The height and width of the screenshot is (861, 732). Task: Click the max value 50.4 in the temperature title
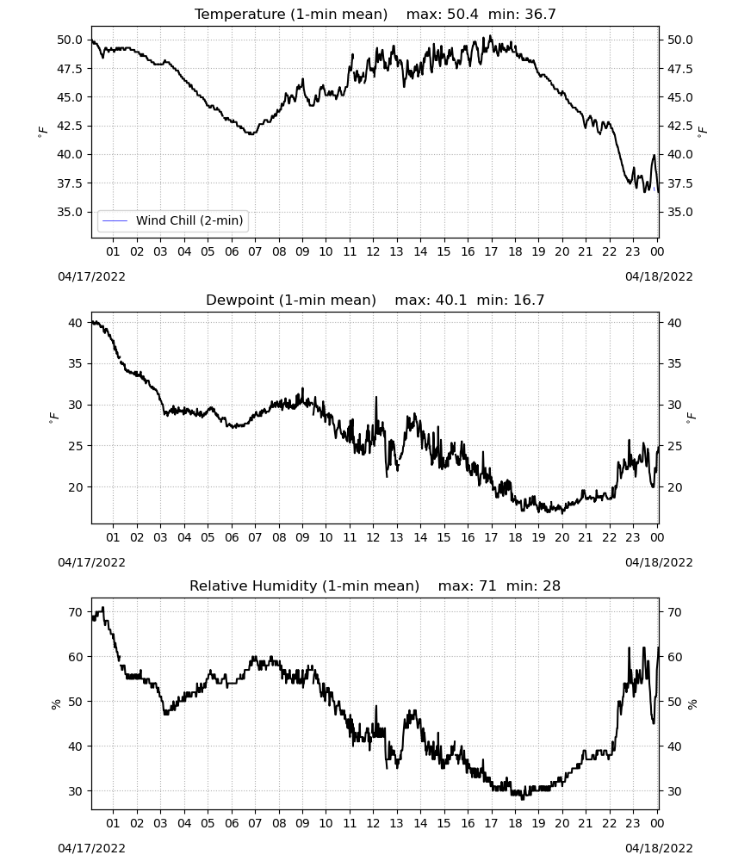pos(462,15)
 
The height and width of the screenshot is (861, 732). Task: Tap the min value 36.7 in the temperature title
pos(540,15)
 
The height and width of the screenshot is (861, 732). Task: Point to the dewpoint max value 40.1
pos(451,300)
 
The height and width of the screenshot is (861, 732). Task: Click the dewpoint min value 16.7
pos(529,300)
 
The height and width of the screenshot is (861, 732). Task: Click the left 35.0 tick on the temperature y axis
pos(70,212)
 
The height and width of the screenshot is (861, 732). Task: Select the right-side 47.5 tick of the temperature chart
pos(679,69)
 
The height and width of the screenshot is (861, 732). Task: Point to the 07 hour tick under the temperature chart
pos(255,251)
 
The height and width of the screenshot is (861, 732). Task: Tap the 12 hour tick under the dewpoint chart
pos(373,537)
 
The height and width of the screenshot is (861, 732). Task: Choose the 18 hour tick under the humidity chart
pos(514,823)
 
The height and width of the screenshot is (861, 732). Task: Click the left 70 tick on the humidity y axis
pos(76,612)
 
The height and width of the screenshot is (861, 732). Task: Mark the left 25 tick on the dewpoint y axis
pos(76,446)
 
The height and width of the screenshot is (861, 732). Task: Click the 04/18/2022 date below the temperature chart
pos(659,276)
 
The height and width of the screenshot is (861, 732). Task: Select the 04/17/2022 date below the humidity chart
pos(91,848)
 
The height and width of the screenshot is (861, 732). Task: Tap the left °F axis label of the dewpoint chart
pos(53,418)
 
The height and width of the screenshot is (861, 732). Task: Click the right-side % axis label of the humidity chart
pos(692,704)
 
